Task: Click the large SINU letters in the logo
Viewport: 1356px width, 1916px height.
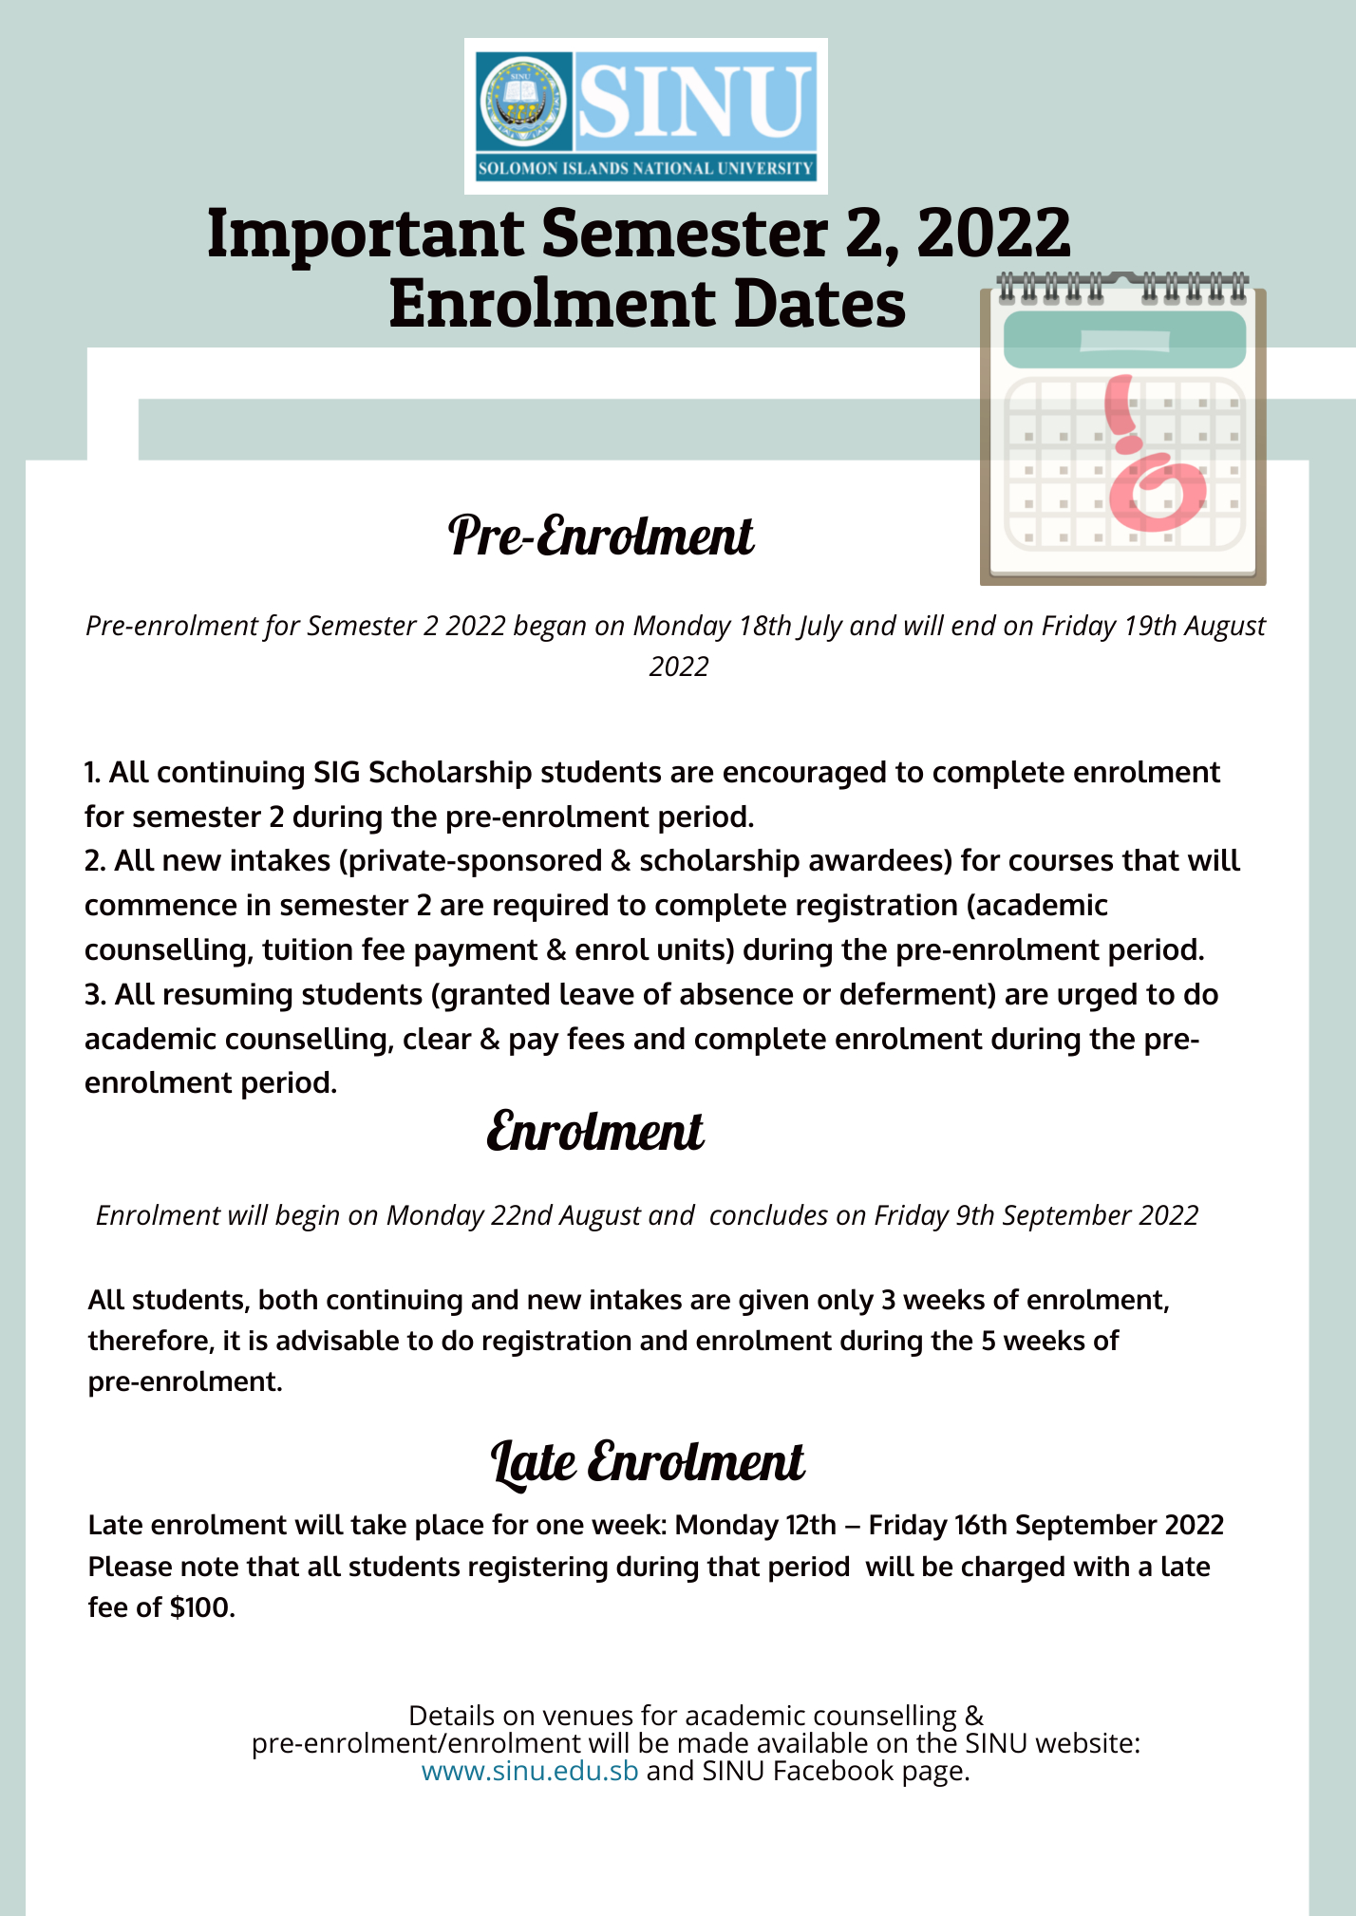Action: [696, 101]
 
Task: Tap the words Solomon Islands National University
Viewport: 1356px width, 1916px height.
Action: [646, 169]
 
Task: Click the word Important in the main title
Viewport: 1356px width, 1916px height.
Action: [365, 234]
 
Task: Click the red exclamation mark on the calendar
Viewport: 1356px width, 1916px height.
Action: [1126, 413]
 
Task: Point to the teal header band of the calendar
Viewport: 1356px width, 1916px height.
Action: [1124, 339]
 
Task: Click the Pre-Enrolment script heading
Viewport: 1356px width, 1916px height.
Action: [601, 536]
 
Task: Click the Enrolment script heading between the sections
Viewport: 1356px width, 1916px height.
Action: [595, 1132]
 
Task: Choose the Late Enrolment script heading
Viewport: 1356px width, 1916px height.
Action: [648, 1462]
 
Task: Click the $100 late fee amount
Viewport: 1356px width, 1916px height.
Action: [201, 1608]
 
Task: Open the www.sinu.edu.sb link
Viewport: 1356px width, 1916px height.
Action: [530, 1771]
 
